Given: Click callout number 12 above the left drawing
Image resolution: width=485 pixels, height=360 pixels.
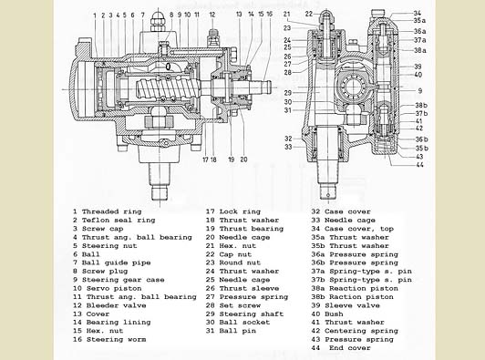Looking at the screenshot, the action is (x=212, y=15).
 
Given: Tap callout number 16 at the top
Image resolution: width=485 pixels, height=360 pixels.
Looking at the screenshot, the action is (x=270, y=14).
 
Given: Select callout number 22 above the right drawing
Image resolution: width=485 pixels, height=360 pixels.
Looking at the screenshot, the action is (x=309, y=14).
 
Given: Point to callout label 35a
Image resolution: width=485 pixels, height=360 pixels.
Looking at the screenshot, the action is (x=419, y=21).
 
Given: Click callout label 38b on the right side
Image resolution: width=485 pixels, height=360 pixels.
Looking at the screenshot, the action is (x=421, y=105).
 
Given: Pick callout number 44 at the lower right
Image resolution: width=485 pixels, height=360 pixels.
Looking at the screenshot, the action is (x=419, y=165).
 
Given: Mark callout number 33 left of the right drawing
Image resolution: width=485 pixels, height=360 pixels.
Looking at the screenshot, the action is (x=288, y=147).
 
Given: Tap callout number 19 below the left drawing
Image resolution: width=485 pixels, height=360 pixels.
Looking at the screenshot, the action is (x=231, y=159).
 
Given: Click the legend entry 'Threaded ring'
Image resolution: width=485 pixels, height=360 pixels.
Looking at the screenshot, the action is (x=111, y=211).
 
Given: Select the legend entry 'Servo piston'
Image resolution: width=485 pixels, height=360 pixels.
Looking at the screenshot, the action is (x=114, y=288).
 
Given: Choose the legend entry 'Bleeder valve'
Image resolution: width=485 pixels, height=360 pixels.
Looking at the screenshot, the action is (x=117, y=305).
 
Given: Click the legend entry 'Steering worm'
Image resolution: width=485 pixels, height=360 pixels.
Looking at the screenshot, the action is (x=117, y=339).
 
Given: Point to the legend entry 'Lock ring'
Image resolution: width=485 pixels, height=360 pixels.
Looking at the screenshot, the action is (x=240, y=211).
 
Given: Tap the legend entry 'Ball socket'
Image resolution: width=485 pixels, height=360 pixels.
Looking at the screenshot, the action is (x=244, y=322).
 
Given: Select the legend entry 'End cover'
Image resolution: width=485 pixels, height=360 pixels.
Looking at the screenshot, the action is (x=350, y=347).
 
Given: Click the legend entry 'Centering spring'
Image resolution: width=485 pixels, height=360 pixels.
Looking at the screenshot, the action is (x=362, y=331).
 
